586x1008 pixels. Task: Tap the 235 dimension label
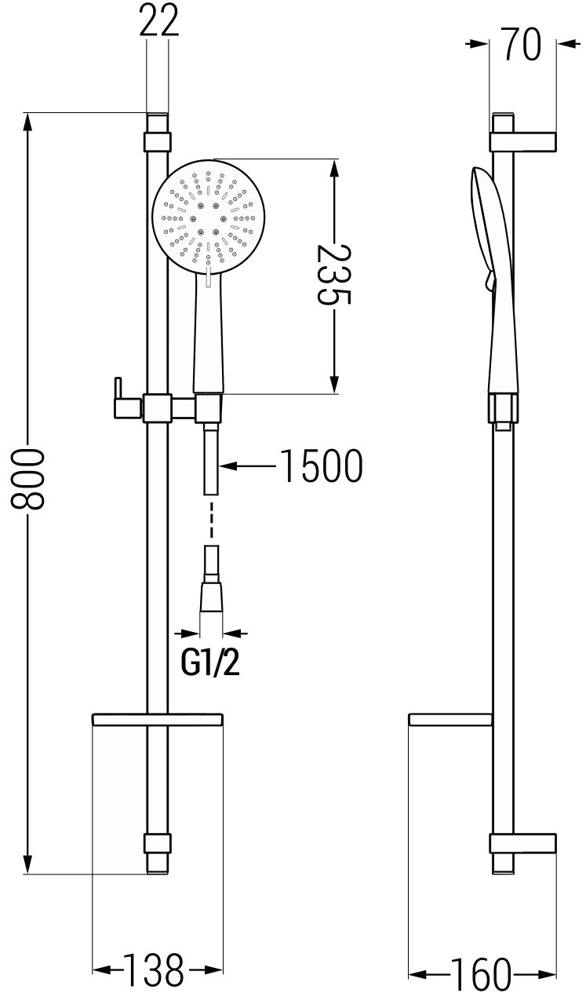[333, 275]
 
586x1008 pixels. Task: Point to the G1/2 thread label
[210, 663]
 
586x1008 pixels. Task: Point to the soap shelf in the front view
[158, 718]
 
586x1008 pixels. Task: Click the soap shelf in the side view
[450, 718]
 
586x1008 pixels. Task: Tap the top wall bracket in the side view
[523, 141]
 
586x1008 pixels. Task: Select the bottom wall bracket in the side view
[522, 843]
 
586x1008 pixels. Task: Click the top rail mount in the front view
[157, 141]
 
